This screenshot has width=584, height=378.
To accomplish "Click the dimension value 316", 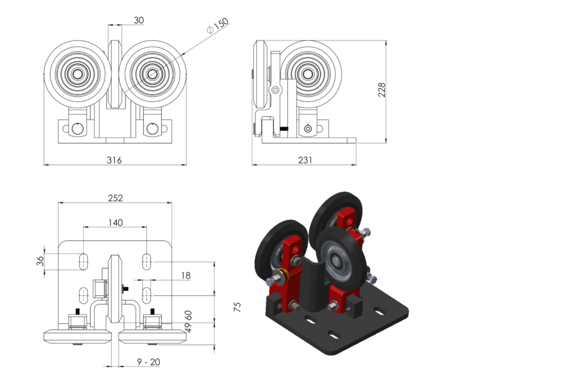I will (x=114, y=160).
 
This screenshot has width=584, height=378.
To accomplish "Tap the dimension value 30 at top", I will (x=139, y=20).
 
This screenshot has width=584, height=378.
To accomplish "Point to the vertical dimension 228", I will (x=382, y=90).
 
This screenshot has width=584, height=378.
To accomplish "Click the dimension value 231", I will (x=305, y=160).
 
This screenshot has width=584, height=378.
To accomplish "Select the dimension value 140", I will (x=115, y=223).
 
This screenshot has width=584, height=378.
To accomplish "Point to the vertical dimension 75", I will (x=238, y=306).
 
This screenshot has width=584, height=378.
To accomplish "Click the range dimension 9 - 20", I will (x=148, y=361).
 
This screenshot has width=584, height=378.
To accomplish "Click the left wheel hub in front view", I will (x=77, y=74).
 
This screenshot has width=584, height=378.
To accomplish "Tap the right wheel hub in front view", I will (x=152, y=74).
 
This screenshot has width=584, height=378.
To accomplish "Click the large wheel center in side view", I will (x=309, y=74).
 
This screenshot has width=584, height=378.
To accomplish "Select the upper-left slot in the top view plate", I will (x=83, y=261).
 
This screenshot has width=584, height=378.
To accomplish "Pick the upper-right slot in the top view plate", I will (x=147, y=261).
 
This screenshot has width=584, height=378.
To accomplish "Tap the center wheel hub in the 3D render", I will (x=339, y=263).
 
